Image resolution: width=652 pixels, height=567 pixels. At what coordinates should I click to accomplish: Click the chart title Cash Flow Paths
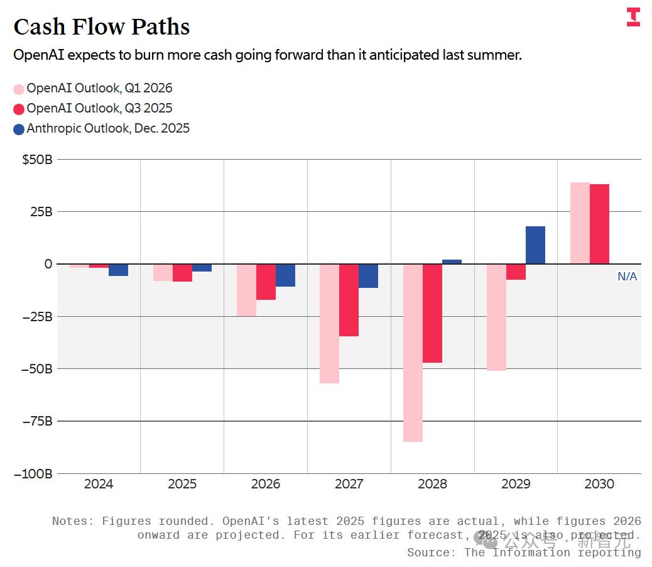(x=101, y=27)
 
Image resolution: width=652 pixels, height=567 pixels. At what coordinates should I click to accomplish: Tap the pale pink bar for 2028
(x=413, y=353)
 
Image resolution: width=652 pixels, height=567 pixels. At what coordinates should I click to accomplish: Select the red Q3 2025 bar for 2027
(x=349, y=300)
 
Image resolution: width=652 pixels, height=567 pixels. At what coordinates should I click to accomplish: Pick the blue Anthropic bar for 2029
(x=535, y=245)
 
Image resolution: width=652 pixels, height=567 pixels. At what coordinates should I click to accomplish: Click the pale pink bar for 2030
(x=579, y=223)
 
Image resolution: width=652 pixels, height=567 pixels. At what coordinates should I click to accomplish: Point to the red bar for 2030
(x=599, y=224)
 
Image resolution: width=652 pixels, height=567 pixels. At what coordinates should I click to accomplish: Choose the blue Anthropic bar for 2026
(x=285, y=275)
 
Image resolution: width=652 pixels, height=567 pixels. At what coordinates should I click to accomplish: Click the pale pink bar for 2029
(x=496, y=317)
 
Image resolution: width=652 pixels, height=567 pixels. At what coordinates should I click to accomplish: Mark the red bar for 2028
(x=432, y=313)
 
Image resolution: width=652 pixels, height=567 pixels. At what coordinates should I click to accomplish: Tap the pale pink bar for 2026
(x=246, y=290)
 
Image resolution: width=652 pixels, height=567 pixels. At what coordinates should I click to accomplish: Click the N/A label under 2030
(x=627, y=277)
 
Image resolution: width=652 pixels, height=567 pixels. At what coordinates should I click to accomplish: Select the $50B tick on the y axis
(x=37, y=160)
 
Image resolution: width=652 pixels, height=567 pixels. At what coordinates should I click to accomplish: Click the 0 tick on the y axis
(x=48, y=264)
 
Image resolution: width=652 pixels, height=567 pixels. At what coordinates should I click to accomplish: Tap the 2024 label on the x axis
(x=99, y=484)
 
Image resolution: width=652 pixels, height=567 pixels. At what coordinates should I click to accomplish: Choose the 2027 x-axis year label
(x=349, y=484)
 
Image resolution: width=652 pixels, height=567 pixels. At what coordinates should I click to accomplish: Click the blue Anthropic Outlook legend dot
(x=19, y=129)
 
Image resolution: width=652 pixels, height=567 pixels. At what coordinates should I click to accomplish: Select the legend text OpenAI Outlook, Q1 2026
(x=99, y=89)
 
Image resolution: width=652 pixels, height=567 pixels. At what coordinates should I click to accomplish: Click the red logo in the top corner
(x=633, y=17)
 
